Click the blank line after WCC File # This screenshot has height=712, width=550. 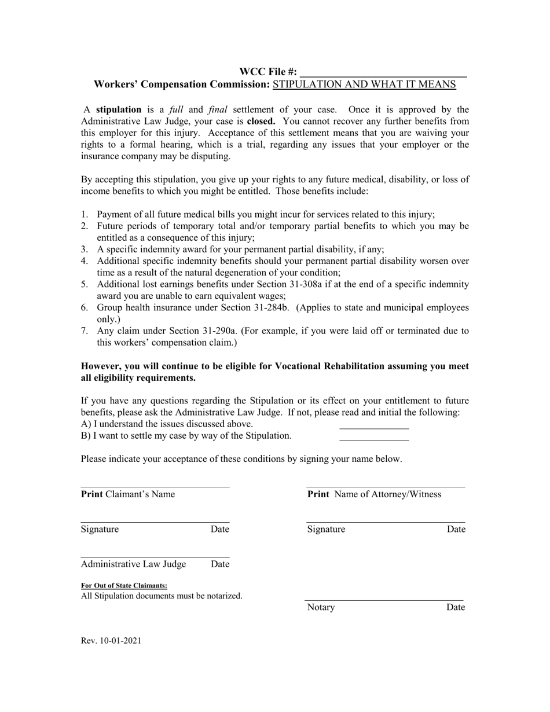click(383, 73)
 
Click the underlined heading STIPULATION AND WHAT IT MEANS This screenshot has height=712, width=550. click(364, 85)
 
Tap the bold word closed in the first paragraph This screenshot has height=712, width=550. click(261, 122)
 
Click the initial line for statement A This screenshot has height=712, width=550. click(374, 427)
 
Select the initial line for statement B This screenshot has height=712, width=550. click(374, 438)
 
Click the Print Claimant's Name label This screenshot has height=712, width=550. click(128, 494)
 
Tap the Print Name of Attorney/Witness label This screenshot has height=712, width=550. click(374, 494)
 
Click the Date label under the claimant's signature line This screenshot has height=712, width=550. click(219, 529)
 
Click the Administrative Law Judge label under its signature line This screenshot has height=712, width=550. click(134, 564)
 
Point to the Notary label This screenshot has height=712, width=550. click(321, 607)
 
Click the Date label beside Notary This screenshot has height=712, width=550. click(456, 607)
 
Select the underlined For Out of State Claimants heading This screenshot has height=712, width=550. click(124, 585)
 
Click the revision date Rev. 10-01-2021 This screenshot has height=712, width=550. click(111, 641)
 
